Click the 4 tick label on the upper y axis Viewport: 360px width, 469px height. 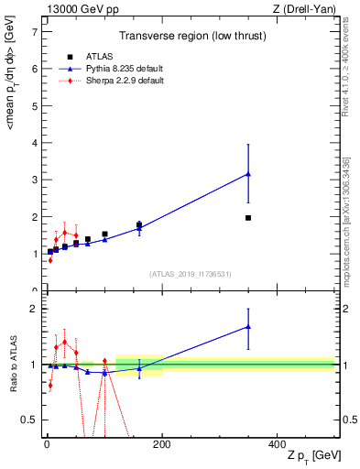pos(33,143)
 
